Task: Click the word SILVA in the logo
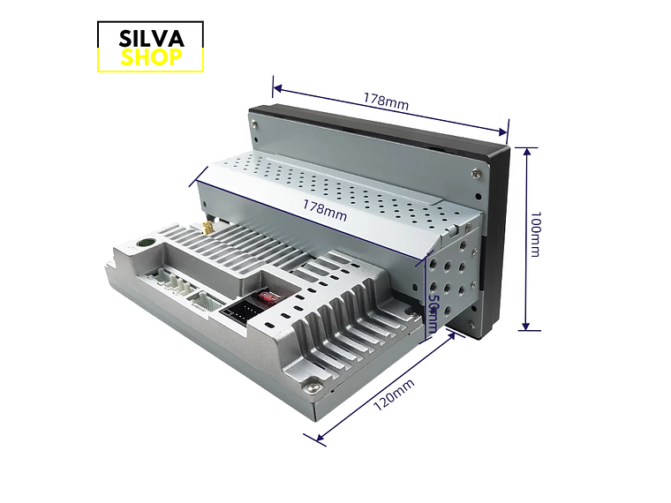pos(152,39)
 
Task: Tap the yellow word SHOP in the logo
pos(152,57)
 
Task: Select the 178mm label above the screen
pos(386,101)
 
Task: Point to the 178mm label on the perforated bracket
pos(325,210)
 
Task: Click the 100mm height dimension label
pos(535,234)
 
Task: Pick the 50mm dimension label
pos(434,312)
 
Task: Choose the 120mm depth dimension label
pos(394,394)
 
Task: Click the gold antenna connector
pos(208,227)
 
